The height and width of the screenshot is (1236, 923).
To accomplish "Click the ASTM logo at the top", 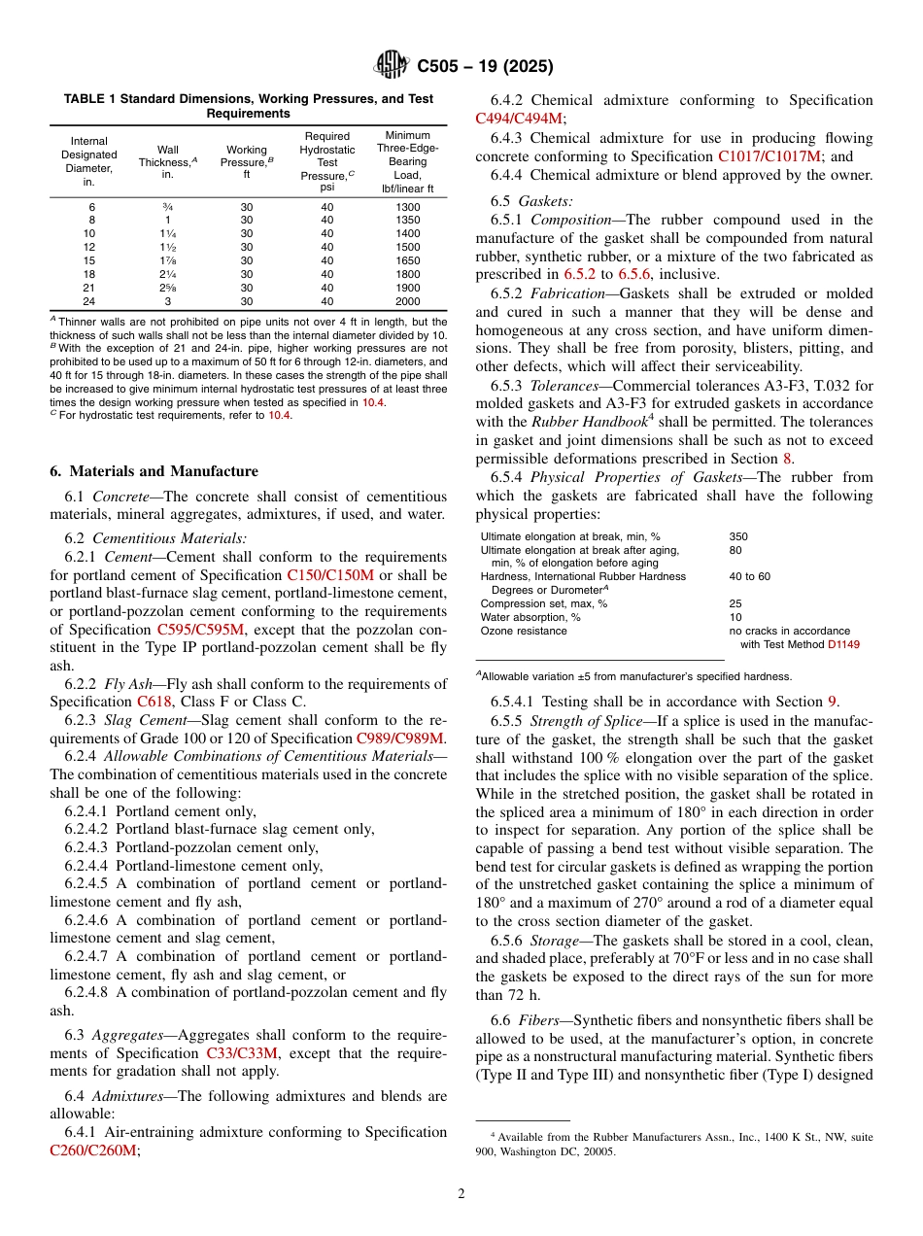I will coord(392,66).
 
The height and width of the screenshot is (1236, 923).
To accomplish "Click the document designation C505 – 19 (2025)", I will coord(485,67).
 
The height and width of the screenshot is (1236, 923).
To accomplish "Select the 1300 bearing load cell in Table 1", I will coord(408,207).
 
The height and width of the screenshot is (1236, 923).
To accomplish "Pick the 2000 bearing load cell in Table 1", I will coord(408,301).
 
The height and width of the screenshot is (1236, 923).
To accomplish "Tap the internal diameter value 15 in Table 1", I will coord(89,260).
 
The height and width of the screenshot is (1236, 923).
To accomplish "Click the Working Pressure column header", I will coord(246,162).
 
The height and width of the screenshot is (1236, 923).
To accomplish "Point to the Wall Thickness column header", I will coord(168,162).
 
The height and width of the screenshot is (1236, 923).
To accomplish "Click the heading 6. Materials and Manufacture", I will coord(154,471).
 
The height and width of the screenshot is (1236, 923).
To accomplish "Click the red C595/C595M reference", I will coord(201,629).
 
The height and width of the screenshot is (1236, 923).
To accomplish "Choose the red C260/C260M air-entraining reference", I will coord(93,1150).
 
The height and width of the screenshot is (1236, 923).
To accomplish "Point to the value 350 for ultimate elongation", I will coord(738,535).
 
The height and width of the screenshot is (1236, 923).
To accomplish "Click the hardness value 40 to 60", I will coord(749,576).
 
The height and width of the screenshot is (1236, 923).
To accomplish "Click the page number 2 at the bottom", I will coord(461,1193).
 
